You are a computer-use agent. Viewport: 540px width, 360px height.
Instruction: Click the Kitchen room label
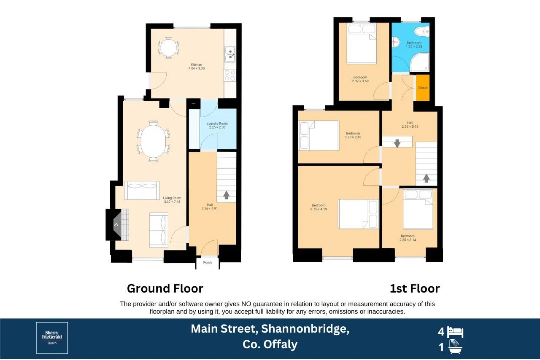click(197, 64)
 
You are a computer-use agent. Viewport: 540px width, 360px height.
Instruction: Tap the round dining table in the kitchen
click(168, 48)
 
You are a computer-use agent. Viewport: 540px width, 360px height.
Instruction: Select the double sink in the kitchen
click(230, 54)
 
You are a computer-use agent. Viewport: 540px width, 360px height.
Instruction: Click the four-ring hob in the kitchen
click(230, 75)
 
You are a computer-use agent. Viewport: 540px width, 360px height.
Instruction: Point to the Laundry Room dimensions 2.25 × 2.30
click(217, 127)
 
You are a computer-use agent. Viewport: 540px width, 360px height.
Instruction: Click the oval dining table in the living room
click(153, 141)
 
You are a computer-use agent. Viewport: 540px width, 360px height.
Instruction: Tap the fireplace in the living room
click(117, 225)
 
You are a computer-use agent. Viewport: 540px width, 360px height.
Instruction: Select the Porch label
click(207, 262)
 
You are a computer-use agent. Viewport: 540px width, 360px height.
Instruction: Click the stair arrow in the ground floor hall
click(226, 195)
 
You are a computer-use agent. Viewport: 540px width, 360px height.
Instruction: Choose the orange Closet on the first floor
click(423, 88)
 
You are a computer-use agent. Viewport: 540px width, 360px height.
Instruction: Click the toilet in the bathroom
click(422, 32)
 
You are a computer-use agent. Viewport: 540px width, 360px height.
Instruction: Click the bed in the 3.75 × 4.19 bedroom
click(358, 214)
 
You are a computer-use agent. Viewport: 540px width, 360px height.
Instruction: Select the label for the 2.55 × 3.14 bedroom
click(408, 238)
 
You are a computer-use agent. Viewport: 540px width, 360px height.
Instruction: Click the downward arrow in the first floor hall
click(397, 143)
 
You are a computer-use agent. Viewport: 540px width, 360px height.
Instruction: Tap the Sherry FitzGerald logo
click(52, 338)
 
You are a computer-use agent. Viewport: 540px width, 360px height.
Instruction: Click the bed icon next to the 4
click(455, 332)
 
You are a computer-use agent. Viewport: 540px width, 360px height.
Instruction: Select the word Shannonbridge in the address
click(305, 329)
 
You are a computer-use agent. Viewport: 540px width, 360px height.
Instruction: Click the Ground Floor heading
click(165, 288)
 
